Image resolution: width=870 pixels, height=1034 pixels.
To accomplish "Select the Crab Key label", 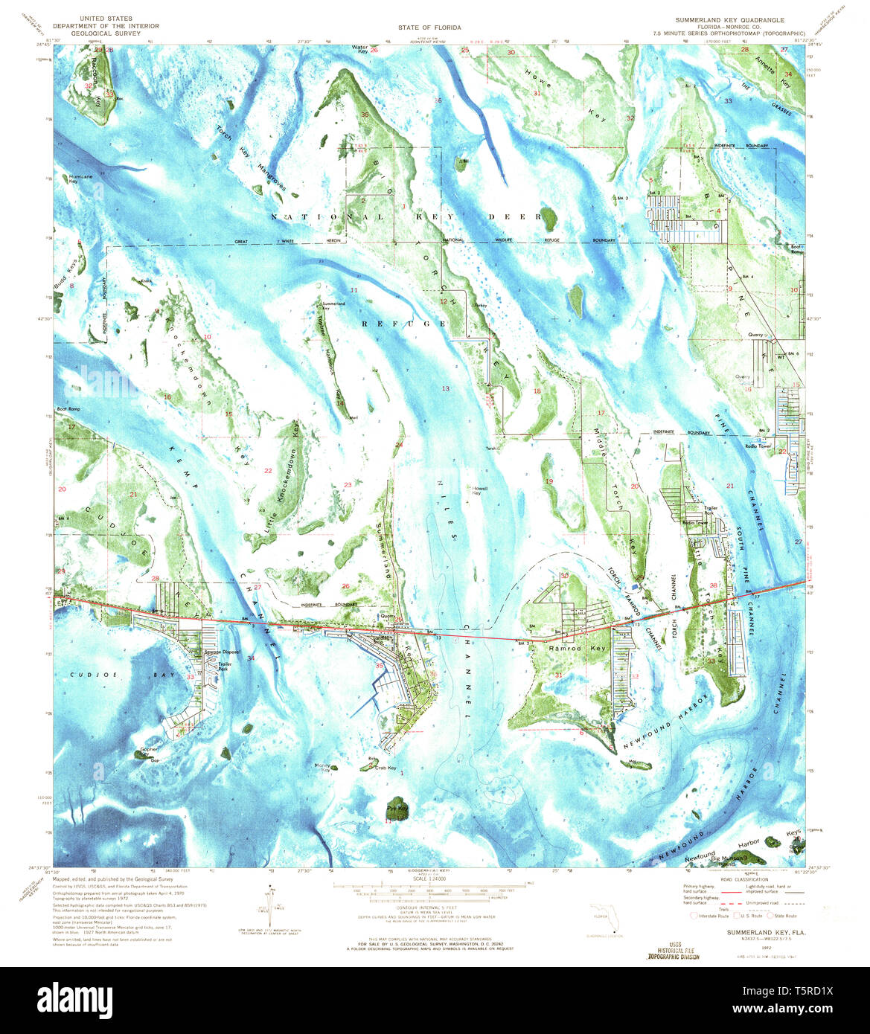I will [386, 768].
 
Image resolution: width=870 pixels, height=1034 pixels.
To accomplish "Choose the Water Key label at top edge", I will [360, 49].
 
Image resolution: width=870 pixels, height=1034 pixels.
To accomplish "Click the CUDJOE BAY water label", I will [89, 675].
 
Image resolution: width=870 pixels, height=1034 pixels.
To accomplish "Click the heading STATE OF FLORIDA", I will [429, 28].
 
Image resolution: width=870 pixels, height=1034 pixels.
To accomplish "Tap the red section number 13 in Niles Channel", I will [446, 389].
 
